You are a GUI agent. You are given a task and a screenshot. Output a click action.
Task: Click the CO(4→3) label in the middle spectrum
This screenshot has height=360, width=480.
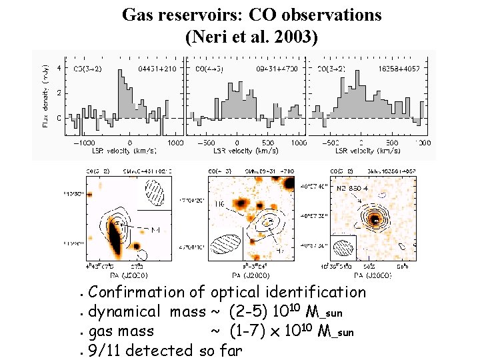click(207, 68)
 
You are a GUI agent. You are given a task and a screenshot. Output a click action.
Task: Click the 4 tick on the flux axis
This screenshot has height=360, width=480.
click(59, 67)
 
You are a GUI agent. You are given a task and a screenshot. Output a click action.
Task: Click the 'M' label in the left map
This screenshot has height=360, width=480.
click(155, 230)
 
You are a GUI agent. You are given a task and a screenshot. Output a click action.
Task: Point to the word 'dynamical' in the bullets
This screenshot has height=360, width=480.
click(125, 311)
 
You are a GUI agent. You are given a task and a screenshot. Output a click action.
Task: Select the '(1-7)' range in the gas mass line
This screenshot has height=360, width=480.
click(250, 331)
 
